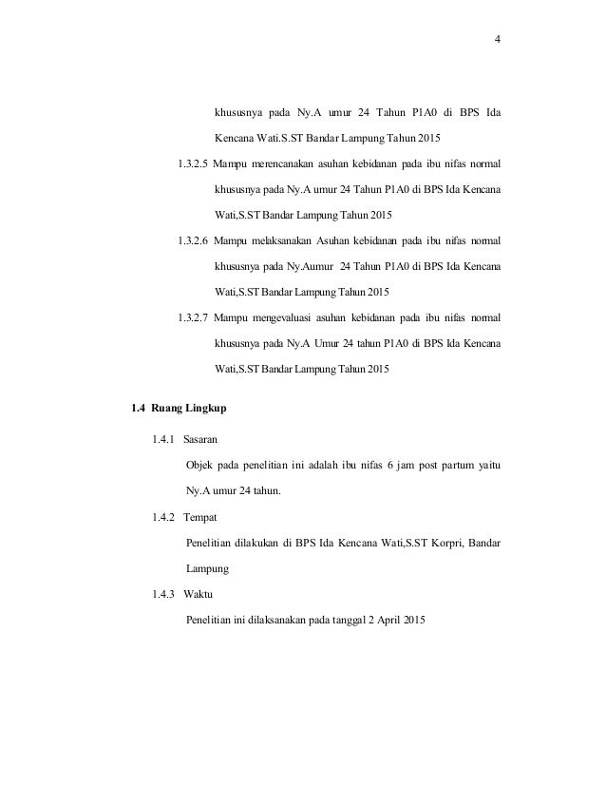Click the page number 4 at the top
(497, 40)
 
